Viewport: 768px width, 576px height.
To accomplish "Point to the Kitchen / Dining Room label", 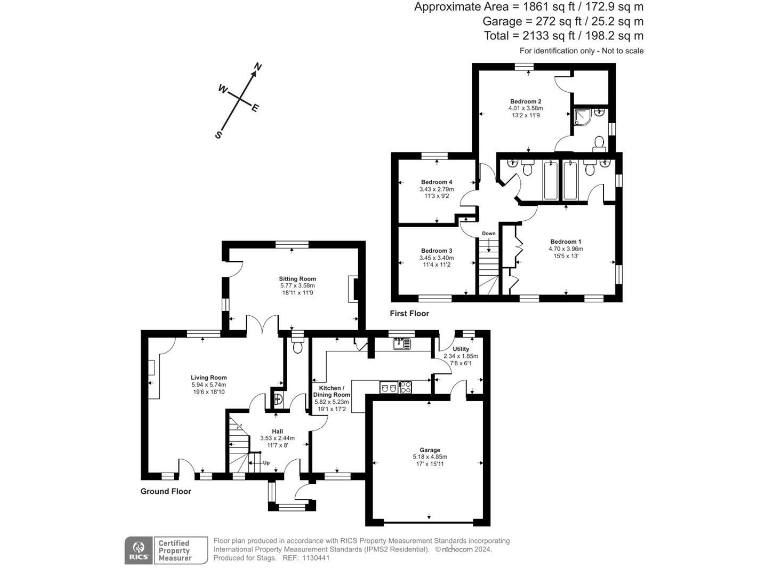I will click(332, 393).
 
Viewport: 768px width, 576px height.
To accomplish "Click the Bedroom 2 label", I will click(525, 102).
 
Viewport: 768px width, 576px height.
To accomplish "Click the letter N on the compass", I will click(258, 68).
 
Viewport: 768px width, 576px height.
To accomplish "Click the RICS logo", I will click(135, 548).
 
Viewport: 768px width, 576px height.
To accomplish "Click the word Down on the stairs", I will click(488, 233).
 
